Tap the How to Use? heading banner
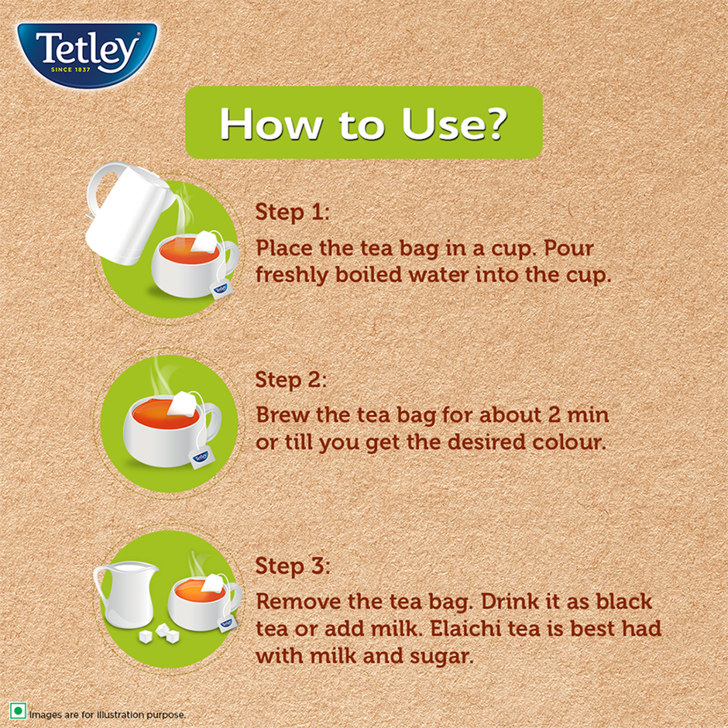point(363,123)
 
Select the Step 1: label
point(292,212)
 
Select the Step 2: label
point(292,380)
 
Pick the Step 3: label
point(292,565)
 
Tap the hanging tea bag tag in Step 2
point(199,460)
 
